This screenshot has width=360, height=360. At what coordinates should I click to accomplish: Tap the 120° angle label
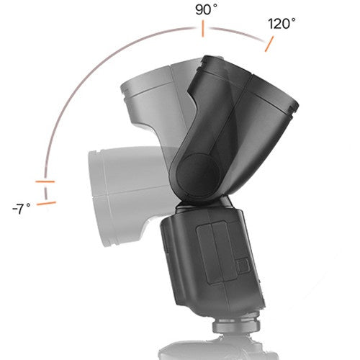(281, 24)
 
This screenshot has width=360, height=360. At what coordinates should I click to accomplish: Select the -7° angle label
(22, 209)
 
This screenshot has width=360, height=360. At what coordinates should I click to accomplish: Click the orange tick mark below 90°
(203, 30)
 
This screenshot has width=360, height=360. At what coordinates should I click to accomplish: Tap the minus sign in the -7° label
(14, 210)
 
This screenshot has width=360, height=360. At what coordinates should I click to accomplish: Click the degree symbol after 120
(293, 19)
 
